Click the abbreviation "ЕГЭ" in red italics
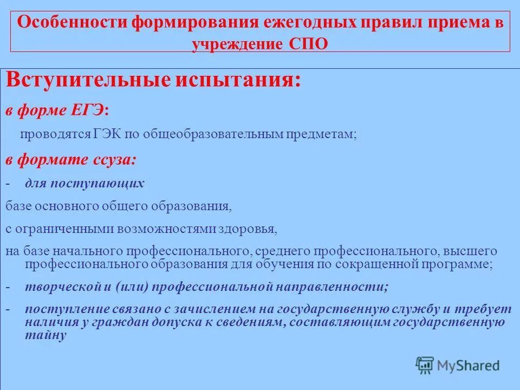coord(89,110)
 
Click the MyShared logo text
coord(469,365)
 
